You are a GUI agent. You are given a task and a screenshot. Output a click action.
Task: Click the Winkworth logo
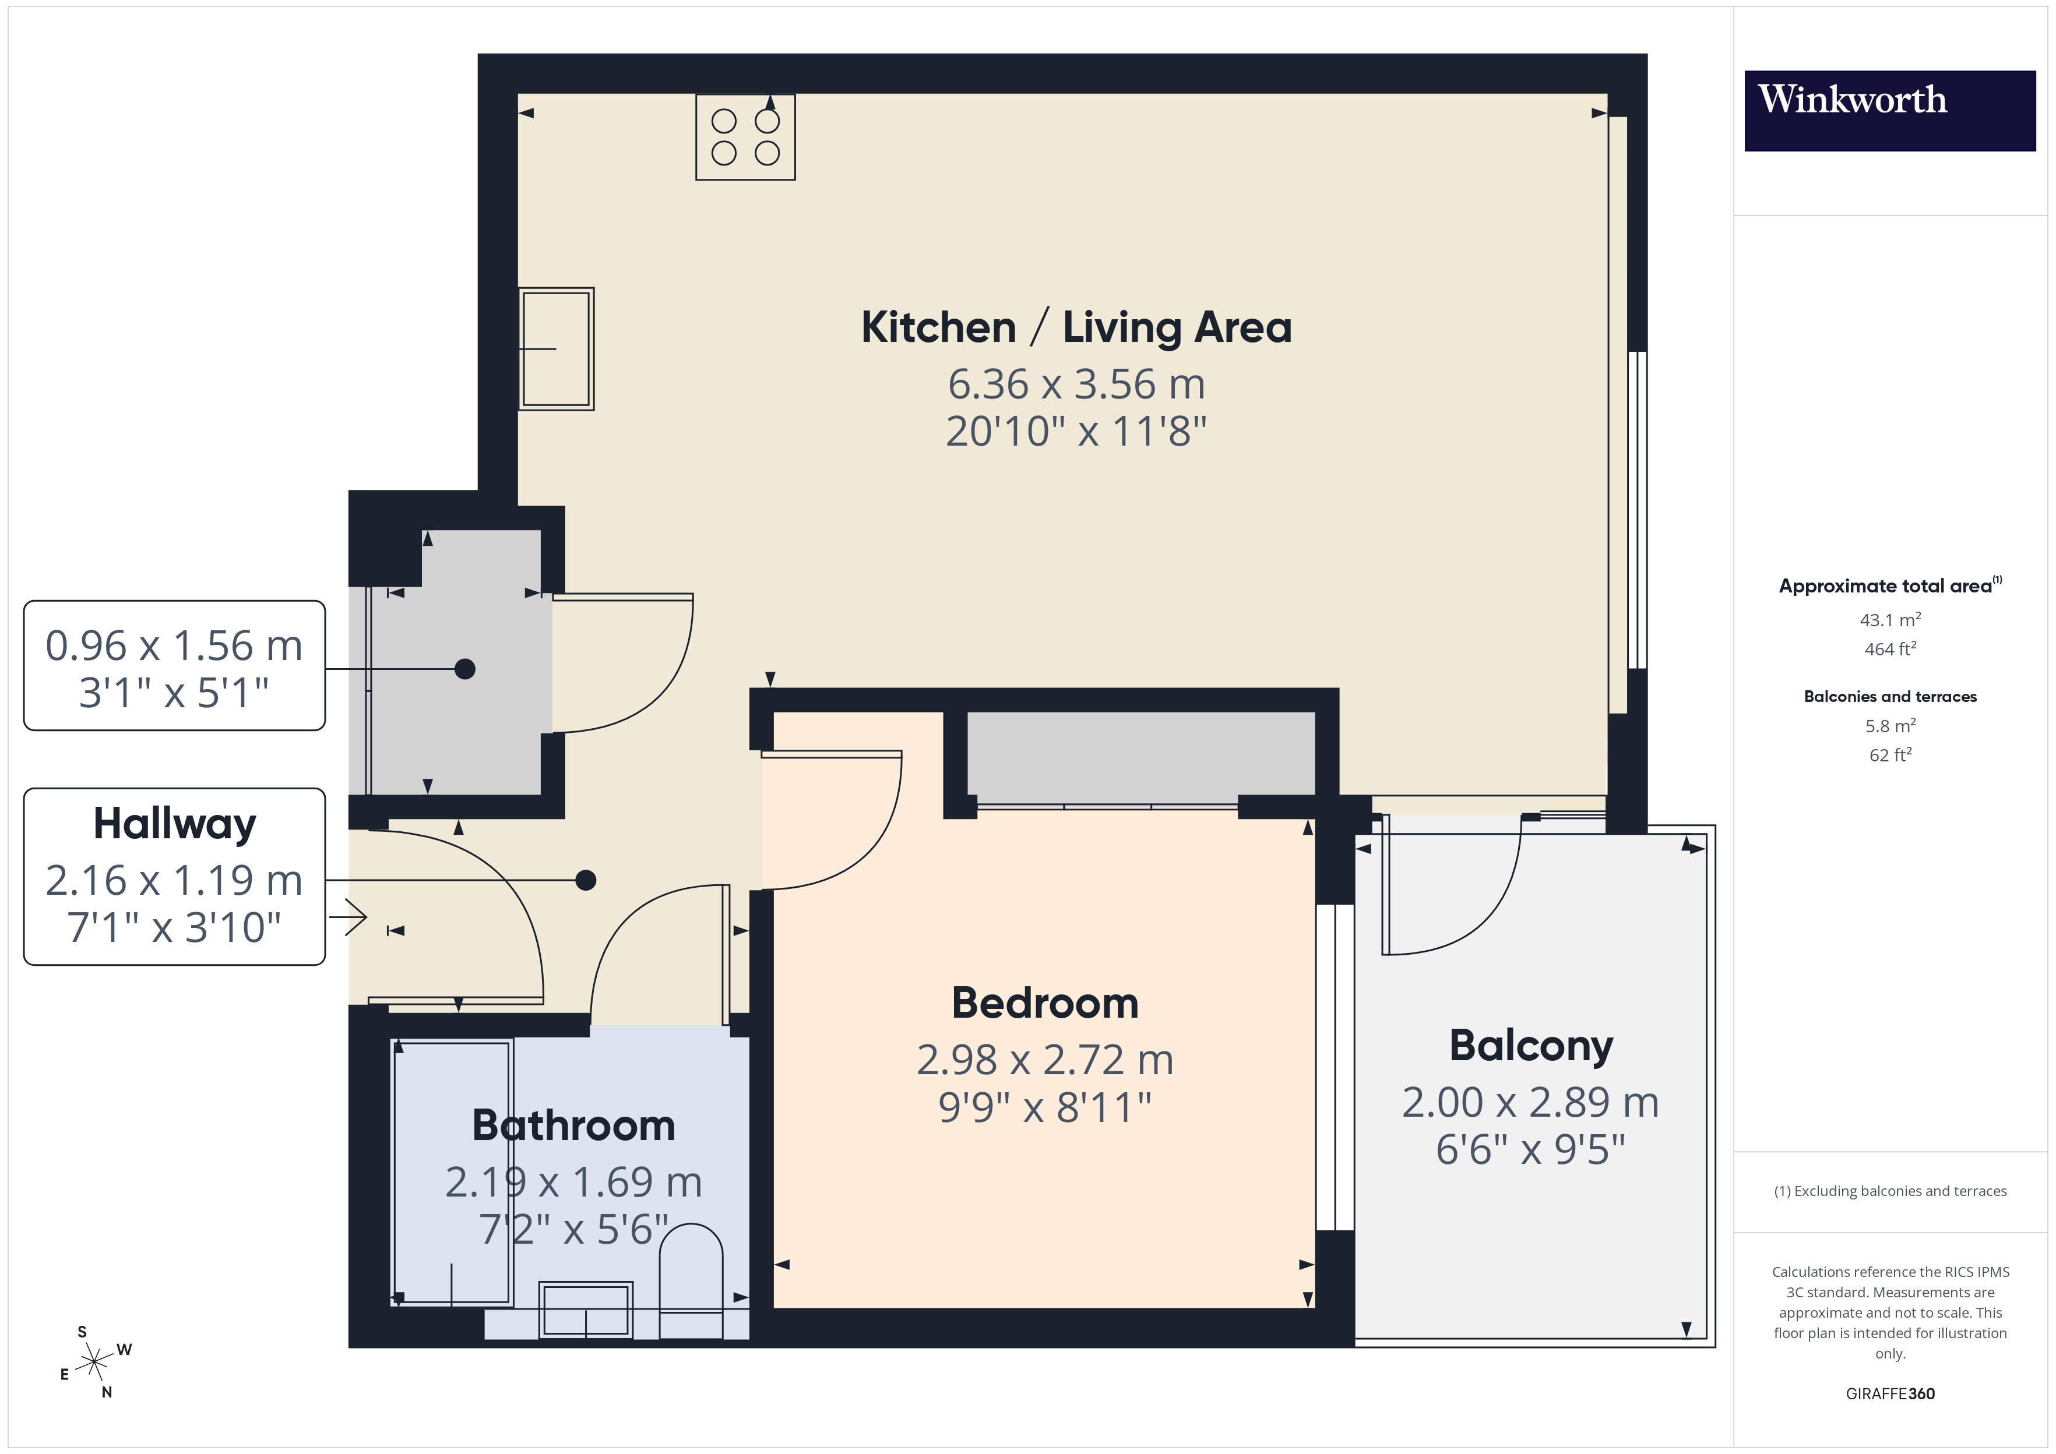(1889, 110)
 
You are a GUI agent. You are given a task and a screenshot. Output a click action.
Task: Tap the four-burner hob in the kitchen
(745, 137)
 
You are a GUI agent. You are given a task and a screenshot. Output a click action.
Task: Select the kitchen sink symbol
(556, 349)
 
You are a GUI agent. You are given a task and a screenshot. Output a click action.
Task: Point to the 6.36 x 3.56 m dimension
(1075, 384)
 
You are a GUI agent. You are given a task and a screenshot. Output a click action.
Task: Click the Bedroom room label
(1044, 1003)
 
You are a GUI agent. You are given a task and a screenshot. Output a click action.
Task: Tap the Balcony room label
(1530, 1045)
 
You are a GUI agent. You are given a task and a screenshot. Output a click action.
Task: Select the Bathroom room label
(573, 1125)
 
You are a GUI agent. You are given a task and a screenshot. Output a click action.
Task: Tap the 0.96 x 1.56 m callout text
(175, 645)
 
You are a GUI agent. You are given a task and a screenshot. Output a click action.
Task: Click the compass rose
(94, 1363)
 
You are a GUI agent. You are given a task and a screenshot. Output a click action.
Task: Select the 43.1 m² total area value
(1889, 620)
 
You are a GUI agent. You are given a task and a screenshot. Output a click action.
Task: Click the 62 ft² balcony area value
(1889, 755)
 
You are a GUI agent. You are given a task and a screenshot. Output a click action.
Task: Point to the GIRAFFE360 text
(1889, 1394)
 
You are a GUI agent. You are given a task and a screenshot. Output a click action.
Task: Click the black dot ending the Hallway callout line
(586, 880)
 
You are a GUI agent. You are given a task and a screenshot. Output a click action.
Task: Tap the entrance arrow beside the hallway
(349, 917)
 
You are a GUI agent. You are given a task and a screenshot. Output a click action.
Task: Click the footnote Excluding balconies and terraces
(1889, 1191)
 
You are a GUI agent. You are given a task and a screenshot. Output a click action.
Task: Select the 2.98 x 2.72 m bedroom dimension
(1044, 1060)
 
